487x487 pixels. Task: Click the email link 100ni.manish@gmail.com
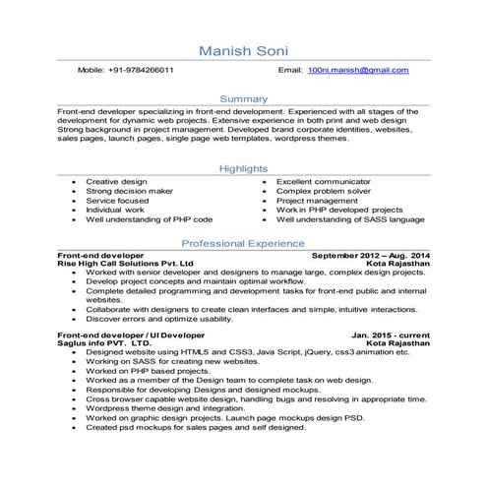(x=357, y=71)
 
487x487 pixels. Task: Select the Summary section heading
(x=243, y=99)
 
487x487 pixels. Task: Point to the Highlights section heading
(x=243, y=169)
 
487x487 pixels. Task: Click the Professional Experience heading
(x=243, y=242)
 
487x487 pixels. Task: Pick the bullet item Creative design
(x=116, y=182)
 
